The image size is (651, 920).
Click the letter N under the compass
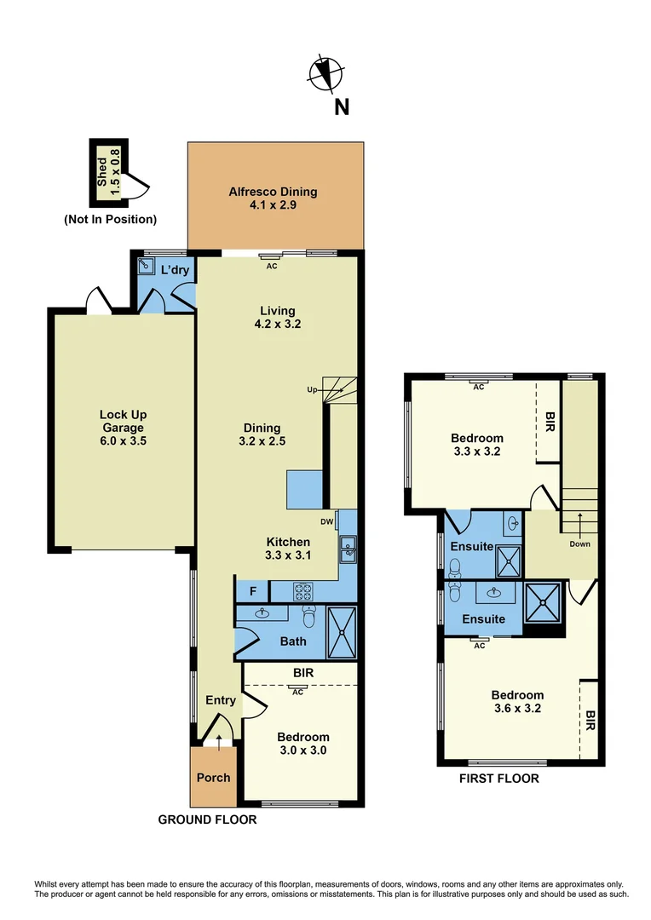click(341, 106)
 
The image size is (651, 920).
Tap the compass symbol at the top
click(327, 73)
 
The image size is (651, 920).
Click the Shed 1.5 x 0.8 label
click(109, 170)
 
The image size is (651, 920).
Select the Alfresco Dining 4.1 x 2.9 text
click(274, 198)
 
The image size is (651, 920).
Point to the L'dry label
click(175, 270)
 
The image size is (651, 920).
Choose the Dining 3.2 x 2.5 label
click(261, 434)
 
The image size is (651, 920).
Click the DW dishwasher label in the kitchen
click(327, 522)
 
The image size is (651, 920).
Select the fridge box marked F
click(252, 589)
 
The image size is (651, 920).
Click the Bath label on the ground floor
click(293, 641)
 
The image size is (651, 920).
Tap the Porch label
click(213, 777)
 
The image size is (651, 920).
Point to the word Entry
click(221, 700)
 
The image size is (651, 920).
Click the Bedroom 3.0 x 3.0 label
click(302, 744)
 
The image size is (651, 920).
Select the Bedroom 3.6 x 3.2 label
click(517, 701)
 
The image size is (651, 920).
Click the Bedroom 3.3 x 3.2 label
click(476, 445)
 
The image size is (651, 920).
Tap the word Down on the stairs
click(579, 543)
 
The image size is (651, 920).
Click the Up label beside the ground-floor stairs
click(313, 390)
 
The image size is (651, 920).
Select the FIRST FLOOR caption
click(499, 779)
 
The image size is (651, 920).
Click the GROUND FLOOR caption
click(207, 819)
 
